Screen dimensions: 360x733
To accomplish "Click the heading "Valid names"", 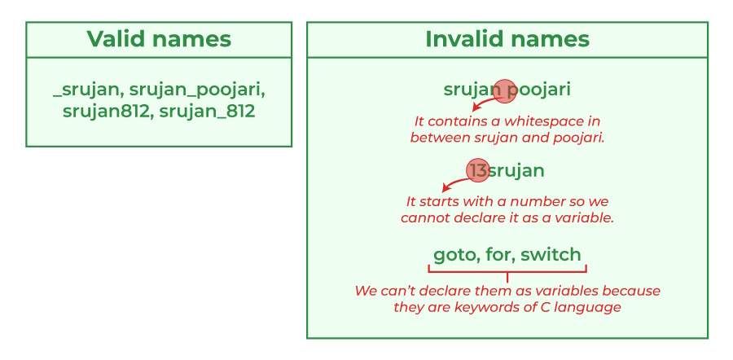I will point(159,39).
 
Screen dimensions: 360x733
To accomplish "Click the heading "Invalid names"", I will point(507,39).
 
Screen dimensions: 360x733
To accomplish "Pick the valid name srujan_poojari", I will point(198,88).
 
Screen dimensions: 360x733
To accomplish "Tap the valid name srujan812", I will point(107,111).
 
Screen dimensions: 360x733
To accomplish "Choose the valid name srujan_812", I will point(208,111).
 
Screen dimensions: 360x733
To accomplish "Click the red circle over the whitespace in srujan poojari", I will point(505,90).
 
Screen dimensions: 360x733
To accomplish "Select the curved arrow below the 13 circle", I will point(453,185).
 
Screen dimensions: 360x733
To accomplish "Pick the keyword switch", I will point(551,255).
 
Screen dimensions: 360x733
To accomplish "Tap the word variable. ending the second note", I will point(582,218).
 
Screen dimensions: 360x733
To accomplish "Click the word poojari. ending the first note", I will point(577,138).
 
